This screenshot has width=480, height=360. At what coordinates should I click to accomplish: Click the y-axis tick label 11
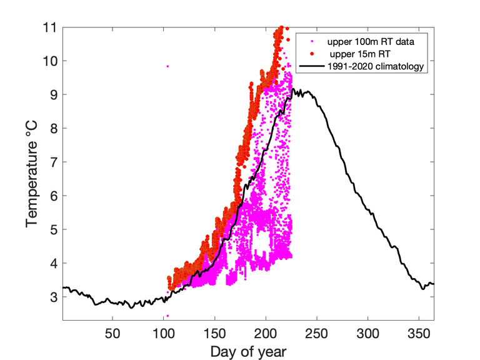[50, 27]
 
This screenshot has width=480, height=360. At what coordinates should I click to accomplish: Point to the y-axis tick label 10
[50, 61]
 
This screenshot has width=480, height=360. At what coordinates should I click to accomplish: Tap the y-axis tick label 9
[54, 95]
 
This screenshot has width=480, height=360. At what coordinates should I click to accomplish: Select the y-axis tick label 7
[54, 162]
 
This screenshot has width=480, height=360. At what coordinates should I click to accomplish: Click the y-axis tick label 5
[54, 229]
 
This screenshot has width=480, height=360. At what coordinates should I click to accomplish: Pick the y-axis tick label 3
[54, 297]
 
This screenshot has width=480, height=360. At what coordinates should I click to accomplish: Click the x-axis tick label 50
[112, 334]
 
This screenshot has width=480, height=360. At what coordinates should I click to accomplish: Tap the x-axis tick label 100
[164, 334]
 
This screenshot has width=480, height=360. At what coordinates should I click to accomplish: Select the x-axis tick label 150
[215, 334]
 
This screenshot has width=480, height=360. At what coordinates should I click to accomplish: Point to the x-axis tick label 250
[317, 334]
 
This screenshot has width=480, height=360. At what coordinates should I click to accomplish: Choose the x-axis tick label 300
[368, 334]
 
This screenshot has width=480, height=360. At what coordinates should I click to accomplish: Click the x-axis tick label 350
[419, 334]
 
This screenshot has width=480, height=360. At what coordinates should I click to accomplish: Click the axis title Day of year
[249, 352]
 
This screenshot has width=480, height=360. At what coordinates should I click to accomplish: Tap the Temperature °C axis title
[31, 174]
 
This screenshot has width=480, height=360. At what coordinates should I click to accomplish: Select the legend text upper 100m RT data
[371, 42]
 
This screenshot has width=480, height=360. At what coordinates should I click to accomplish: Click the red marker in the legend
[312, 54]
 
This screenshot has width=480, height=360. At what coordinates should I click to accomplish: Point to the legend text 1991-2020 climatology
[376, 66]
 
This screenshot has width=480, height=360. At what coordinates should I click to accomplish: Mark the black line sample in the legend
[312, 66]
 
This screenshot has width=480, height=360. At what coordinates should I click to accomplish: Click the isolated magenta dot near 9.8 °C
[167, 66]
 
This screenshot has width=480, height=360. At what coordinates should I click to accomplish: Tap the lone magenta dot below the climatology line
[167, 316]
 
